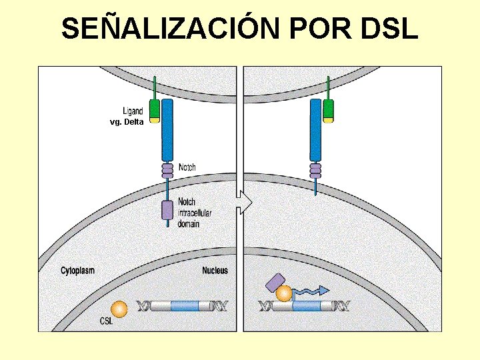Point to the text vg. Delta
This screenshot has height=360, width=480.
[126, 122]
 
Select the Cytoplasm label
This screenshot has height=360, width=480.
[77, 271]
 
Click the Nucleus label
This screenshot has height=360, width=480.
[215, 271]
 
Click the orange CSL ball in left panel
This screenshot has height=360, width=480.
[119, 309]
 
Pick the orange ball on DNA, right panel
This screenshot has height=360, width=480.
[285, 294]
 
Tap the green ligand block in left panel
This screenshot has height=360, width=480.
[155, 109]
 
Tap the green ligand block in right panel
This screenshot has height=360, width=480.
[328, 109]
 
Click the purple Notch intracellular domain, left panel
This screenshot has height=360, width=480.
[167, 209]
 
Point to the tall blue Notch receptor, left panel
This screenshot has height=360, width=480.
[167, 130]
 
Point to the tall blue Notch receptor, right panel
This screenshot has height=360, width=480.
[315, 130]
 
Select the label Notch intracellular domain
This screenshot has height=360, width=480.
[194, 213]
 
